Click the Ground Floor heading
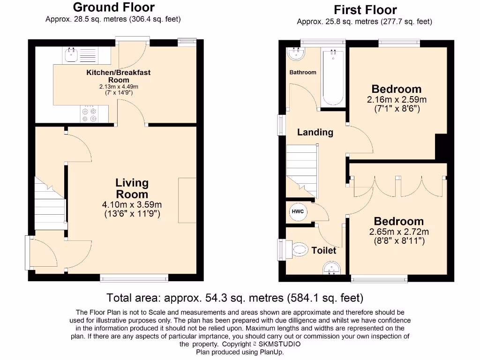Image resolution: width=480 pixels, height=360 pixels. click(114, 7)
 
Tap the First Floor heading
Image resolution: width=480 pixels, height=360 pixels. click(365, 10)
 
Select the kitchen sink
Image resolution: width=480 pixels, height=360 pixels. click(71, 55)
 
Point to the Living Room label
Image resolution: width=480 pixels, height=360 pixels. click(132, 188)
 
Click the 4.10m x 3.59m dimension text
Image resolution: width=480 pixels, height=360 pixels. click(132, 204)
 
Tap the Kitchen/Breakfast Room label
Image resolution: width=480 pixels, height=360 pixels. click(119, 76)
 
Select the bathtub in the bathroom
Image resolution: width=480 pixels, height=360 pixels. click(333, 78)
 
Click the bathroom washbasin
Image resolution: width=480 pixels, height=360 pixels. click(296, 53)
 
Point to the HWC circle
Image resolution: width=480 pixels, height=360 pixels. click(298, 211)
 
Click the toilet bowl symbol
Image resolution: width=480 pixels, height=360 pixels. click(298, 249)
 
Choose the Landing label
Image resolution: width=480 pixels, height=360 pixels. click(315, 132)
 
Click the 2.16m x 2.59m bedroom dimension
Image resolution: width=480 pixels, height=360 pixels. click(397, 99)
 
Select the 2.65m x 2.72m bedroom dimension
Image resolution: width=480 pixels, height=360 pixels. click(399, 232)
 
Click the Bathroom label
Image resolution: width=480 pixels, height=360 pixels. click(303, 72)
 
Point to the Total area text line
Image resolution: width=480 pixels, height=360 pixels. click(235, 298)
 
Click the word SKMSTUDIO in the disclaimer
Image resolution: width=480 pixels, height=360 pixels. click(279, 344)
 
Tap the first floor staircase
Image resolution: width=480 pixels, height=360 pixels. click(302, 171)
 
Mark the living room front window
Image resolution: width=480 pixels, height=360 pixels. click(134, 278)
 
